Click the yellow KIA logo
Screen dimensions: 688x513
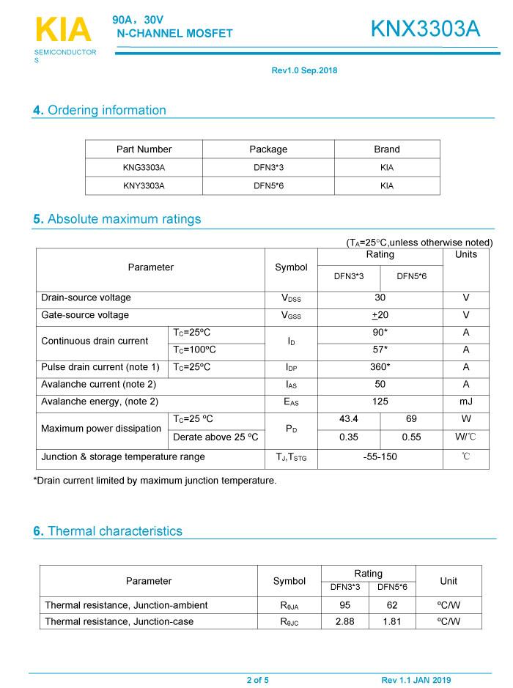[63, 30]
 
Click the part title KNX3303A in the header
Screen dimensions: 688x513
[425, 29]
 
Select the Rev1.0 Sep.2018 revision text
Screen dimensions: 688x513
[304, 71]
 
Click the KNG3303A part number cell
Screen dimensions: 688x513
[144, 168]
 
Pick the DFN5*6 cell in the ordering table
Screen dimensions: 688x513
[268, 186]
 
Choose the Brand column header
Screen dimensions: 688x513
[387, 149]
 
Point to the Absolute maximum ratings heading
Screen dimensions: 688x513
[117, 219]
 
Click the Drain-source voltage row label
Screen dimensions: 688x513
[86, 298]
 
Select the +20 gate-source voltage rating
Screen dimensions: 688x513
[380, 315]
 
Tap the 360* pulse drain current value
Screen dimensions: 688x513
[380, 367]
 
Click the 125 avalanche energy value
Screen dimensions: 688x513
[380, 402]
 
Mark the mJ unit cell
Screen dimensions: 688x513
[465, 402]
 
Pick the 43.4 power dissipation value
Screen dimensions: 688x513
[349, 420]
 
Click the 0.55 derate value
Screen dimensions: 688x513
[411, 437]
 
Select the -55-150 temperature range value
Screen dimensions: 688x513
[380, 457]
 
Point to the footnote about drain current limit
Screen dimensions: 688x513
[155, 481]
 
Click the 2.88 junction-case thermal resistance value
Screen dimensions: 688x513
[344, 621]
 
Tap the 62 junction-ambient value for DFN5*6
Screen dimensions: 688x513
[392, 605]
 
